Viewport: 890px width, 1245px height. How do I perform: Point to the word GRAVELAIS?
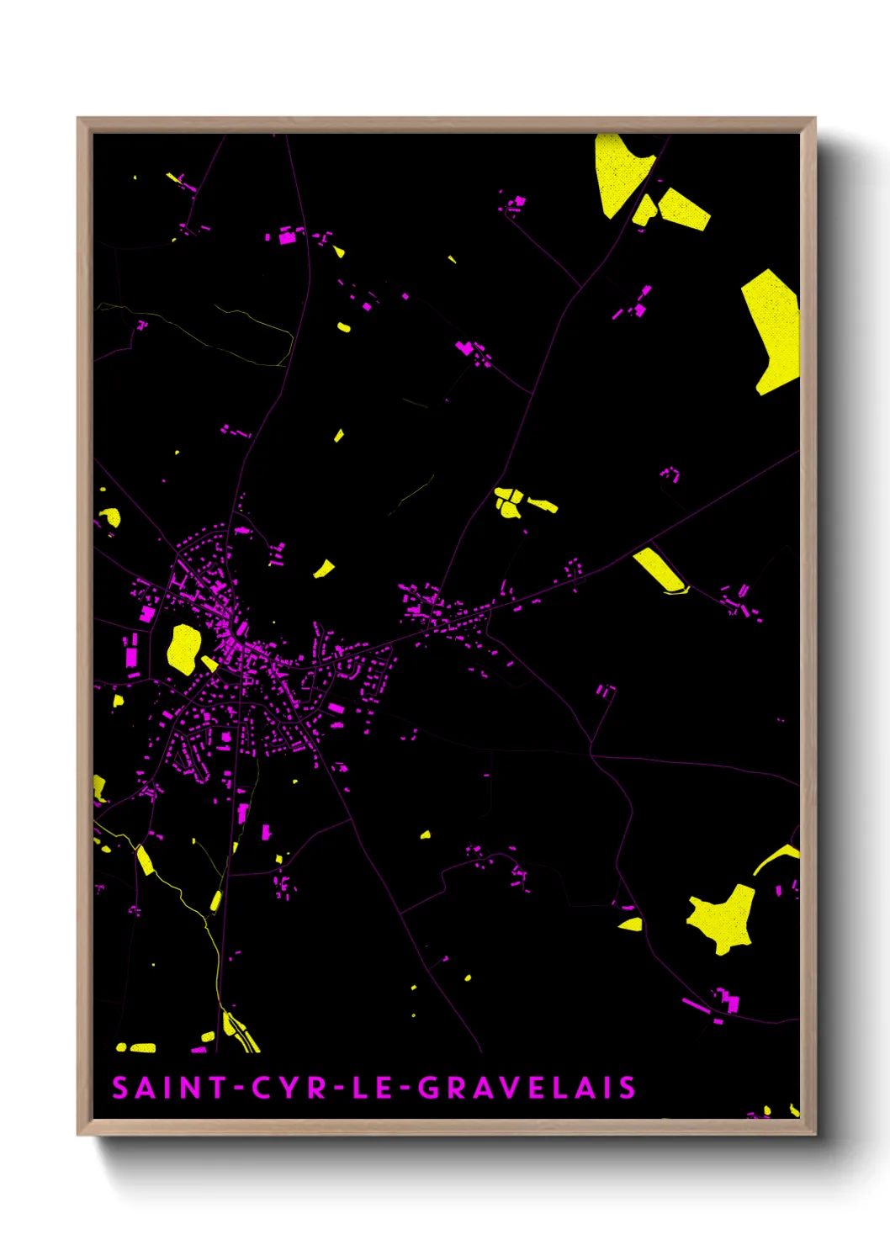pos(527,1088)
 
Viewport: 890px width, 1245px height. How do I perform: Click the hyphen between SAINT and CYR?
pos(239,1089)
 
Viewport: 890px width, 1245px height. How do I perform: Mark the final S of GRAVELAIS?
pos(628,1088)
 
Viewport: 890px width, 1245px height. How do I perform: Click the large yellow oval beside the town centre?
pos(183,649)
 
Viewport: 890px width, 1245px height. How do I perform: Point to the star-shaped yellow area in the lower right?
pos(722,919)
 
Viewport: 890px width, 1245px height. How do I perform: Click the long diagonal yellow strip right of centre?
pos(660,570)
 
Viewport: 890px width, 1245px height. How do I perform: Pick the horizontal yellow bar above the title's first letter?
pos(136,1047)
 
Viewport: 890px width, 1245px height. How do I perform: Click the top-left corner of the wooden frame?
pos(78,119)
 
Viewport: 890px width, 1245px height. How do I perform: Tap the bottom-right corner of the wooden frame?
pos(814,1133)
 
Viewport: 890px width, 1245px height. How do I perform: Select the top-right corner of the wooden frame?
pos(814,119)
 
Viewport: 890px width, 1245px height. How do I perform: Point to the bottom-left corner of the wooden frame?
pos(78,1133)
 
